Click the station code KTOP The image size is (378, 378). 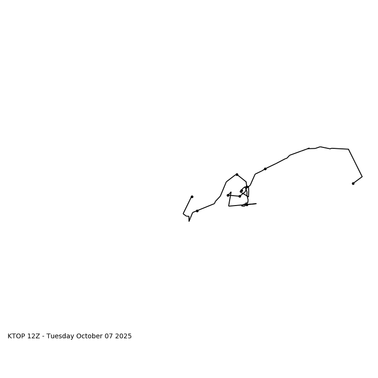point(17,336)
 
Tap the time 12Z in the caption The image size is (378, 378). point(34,336)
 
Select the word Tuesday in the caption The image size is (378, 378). point(60,336)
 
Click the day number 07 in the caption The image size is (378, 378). point(110,336)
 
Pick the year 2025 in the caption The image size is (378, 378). point(123,336)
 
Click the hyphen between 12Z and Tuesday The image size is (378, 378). point(43,336)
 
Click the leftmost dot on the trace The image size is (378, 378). point(192,197)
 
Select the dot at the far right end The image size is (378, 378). point(353,183)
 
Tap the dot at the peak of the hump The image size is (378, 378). point(237,174)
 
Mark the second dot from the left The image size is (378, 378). point(197,211)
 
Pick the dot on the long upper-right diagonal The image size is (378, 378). point(265,169)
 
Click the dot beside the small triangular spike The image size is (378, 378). point(228,195)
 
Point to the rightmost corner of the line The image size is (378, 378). point(362,177)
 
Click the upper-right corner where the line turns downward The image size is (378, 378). point(349,149)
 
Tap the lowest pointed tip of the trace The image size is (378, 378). point(189,221)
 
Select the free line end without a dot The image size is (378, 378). point(256,204)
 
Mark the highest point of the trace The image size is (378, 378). point(320,146)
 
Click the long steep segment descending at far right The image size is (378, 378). point(355,163)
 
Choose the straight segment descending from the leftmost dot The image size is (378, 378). point(188,205)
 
